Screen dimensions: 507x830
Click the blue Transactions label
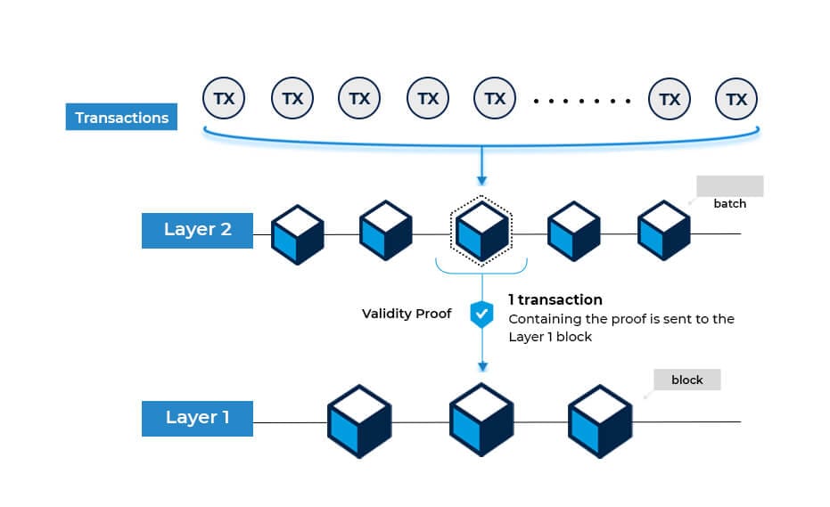pyautogui.click(x=121, y=118)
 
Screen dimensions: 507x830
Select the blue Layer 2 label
pyautogui.click(x=197, y=229)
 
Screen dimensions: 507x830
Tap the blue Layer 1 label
pyautogui.click(x=197, y=417)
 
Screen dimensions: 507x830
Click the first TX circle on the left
pyautogui.click(x=224, y=99)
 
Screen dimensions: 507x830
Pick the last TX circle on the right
pyautogui.click(x=736, y=99)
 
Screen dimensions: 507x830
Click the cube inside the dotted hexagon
pyautogui.click(x=481, y=231)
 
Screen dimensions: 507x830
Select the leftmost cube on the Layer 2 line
pyautogui.click(x=297, y=233)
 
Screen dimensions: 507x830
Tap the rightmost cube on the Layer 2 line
pyautogui.click(x=664, y=231)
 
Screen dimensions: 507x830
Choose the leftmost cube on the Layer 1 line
pyautogui.click(x=359, y=421)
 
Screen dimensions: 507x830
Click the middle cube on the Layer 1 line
pyautogui.click(x=481, y=421)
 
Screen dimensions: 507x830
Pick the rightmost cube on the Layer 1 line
pyautogui.click(x=600, y=421)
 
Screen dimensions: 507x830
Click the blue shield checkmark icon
pyautogui.click(x=481, y=315)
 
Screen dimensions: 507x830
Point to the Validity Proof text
pyautogui.click(x=407, y=314)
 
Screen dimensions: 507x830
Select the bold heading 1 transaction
pyautogui.click(x=555, y=299)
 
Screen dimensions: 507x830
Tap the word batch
pyautogui.click(x=729, y=203)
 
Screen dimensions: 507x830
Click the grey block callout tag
pyautogui.click(x=687, y=380)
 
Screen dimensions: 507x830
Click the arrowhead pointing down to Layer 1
pyautogui.click(x=481, y=366)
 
